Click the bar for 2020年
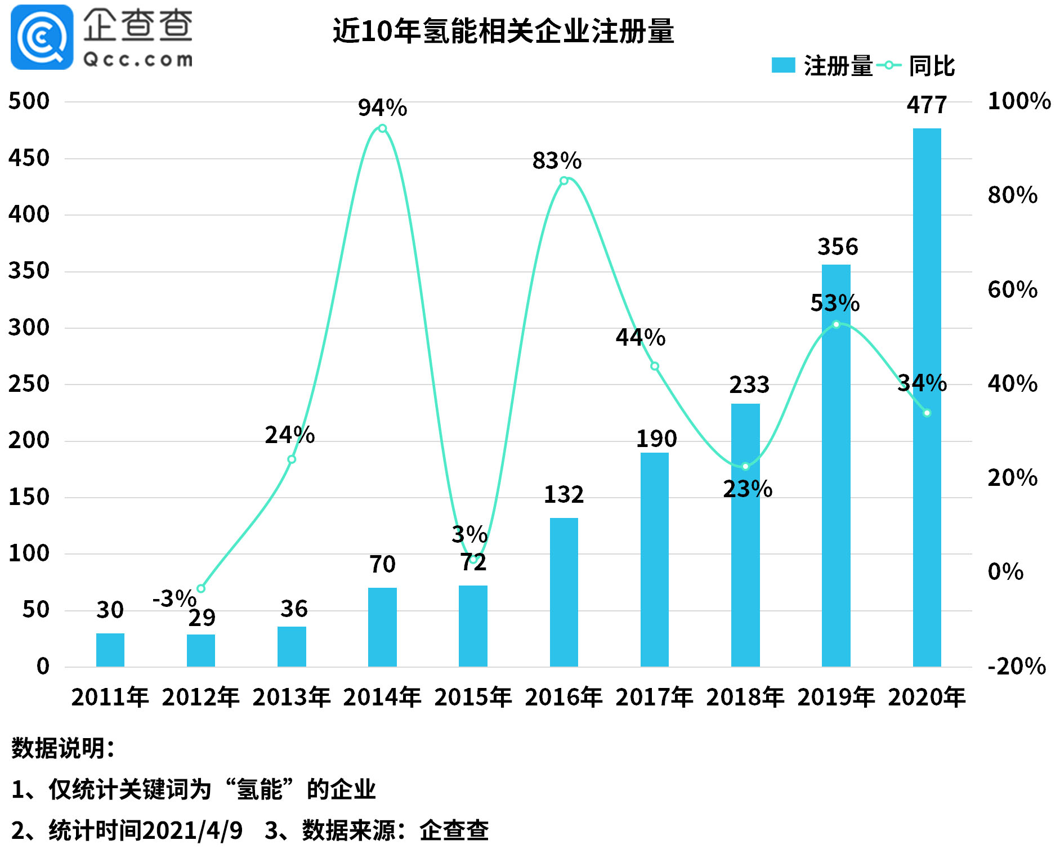point(927,397)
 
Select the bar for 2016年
point(563,592)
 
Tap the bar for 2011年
point(110,650)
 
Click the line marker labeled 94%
point(382,128)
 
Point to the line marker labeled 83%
point(563,181)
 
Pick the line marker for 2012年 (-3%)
point(201,588)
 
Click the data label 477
point(927,105)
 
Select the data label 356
point(837,247)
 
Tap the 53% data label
point(835,303)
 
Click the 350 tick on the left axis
point(29,271)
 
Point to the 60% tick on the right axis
point(1012,289)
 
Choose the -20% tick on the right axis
point(1016,666)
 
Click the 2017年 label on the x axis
point(654,697)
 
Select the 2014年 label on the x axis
point(382,697)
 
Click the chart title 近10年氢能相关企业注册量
point(503,31)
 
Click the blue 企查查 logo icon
point(42,37)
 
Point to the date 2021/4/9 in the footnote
point(192,830)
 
